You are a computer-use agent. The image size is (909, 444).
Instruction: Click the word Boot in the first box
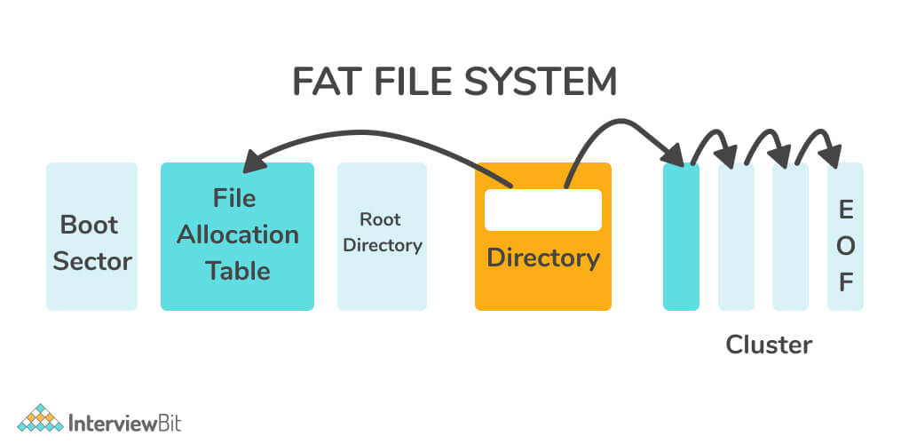[x=89, y=225]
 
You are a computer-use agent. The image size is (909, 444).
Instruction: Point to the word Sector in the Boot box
[x=92, y=261]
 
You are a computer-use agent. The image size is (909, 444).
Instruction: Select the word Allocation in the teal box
[x=237, y=234]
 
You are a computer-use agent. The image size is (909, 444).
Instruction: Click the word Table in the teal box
[x=237, y=271]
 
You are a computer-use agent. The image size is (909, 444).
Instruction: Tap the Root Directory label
[x=382, y=232]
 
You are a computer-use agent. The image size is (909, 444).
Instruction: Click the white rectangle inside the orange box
[x=542, y=210]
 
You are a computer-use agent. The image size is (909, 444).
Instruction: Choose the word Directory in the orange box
[x=543, y=258]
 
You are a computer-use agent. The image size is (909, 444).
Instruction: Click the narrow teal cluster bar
[x=681, y=236]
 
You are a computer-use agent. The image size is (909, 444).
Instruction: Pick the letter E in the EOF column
[x=845, y=211]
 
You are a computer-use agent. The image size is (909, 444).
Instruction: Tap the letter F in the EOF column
[x=845, y=283]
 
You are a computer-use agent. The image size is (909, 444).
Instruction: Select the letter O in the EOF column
[x=845, y=248]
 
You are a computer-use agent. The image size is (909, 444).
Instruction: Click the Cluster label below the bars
[x=768, y=345]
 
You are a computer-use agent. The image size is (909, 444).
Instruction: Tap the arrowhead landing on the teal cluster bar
[x=676, y=156]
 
